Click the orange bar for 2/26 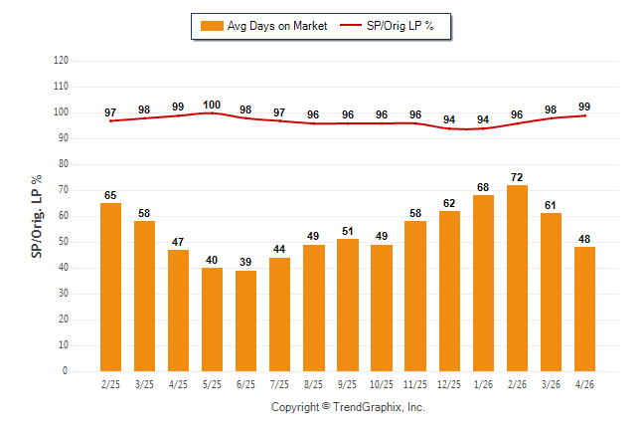(x=517, y=278)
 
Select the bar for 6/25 (x=245, y=321)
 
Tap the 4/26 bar (x=584, y=309)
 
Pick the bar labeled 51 (x=348, y=306)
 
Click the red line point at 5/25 (x=212, y=112)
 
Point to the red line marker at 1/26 (x=483, y=128)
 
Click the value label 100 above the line (x=212, y=105)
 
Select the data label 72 (x=517, y=177)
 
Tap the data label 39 (x=245, y=262)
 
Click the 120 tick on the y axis (x=61, y=61)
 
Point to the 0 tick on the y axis (x=65, y=371)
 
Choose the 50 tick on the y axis (x=64, y=242)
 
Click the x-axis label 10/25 (x=382, y=384)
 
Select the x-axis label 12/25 (x=449, y=384)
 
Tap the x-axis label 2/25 (x=110, y=384)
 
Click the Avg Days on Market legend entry (x=264, y=26)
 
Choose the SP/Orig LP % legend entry (x=387, y=26)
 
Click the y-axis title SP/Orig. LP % (x=37, y=216)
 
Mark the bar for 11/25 (x=415, y=297)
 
